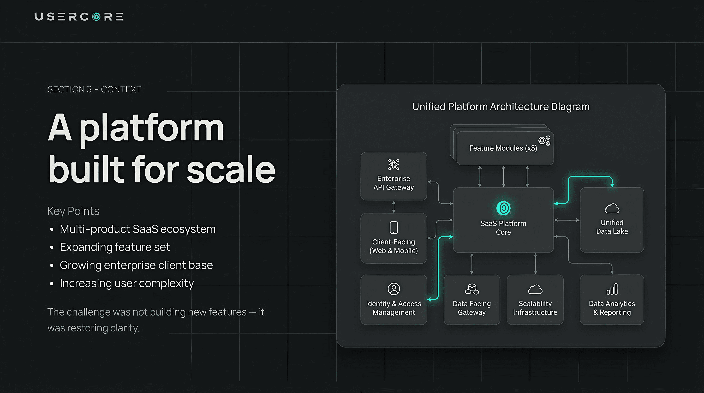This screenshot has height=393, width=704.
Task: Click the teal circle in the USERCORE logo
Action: coord(96,17)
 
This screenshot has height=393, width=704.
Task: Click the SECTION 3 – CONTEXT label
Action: coord(94,89)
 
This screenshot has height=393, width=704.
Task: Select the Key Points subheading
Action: coord(73,211)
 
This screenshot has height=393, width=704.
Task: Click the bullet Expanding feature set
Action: coord(115,247)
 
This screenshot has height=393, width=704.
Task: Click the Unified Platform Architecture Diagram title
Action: coord(501,107)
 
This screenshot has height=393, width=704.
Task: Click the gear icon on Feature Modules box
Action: coord(544,140)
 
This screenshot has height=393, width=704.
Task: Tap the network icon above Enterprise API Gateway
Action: coord(394,165)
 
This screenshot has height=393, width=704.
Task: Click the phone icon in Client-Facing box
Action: coord(394,227)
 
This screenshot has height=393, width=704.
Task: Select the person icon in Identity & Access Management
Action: coord(394,289)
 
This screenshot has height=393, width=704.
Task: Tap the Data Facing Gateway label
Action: coord(472,308)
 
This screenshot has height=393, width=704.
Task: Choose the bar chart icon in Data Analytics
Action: coord(612,289)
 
